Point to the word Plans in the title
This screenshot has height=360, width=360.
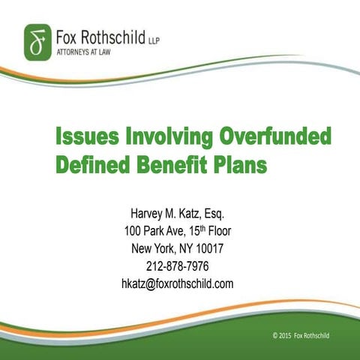240,165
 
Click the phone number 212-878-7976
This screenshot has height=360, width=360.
178,266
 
